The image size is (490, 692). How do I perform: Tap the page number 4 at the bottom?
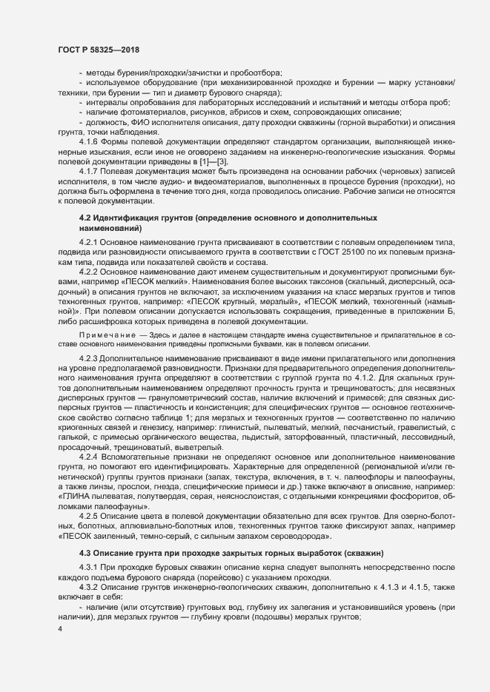59,629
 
